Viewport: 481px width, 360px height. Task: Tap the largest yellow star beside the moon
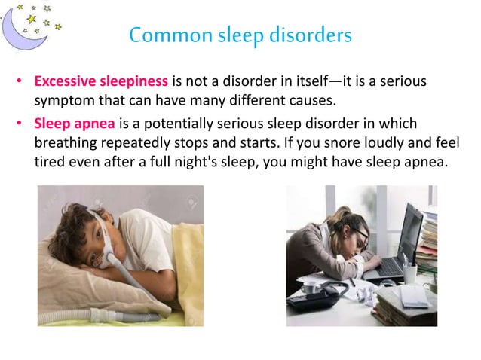[32, 17]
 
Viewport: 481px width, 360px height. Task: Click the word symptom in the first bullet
[63, 100]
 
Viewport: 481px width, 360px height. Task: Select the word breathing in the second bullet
[69, 142]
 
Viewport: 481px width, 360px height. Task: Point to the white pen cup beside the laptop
[410, 271]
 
